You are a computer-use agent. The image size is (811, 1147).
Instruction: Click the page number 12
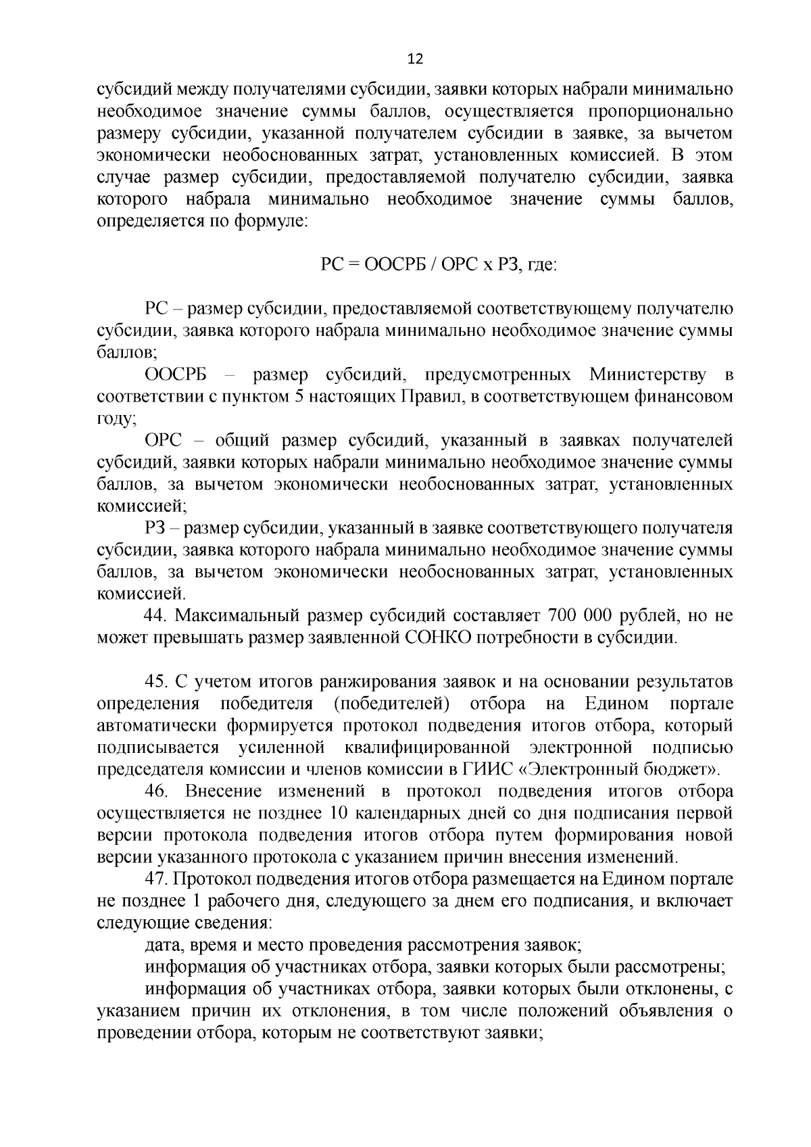coord(415,59)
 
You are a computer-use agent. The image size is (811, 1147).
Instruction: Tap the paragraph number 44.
coord(156,616)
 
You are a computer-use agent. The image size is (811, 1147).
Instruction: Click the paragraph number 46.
coord(156,791)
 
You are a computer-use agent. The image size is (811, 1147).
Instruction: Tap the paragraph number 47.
coord(156,879)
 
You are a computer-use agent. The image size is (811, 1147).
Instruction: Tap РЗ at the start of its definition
coord(155,528)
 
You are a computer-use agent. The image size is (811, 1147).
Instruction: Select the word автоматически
coord(158,725)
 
